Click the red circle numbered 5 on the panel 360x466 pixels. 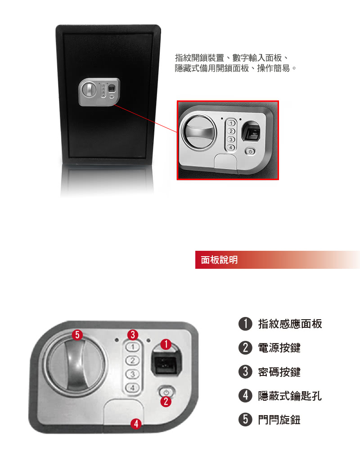click(x=77, y=335)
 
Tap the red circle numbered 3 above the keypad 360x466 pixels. click(x=133, y=335)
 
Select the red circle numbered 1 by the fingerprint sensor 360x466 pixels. click(x=166, y=344)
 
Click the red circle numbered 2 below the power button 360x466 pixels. click(x=166, y=402)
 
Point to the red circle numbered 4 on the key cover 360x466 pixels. click(x=136, y=424)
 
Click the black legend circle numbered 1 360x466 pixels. click(x=245, y=324)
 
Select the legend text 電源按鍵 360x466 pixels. click(x=279, y=348)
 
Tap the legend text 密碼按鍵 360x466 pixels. click(x=279, y=372)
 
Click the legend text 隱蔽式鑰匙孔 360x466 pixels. click(x=290, y=396)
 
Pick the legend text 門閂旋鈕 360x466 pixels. click(x=279, y=420)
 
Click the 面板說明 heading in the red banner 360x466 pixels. click(x=219, y=260)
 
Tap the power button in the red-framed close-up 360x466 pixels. click(x=250, y=152)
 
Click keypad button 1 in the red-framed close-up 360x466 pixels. click(x=231, y=123)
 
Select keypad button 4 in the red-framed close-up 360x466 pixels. click(x=231, y=147)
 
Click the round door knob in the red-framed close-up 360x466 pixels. click(x=198, y=131)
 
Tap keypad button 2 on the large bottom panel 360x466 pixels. click(x=132, y=361)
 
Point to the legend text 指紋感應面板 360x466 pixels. click(x=290, y=324)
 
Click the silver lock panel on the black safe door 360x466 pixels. click(x=99, y=92)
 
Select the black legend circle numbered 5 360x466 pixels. click(x=245, y=419)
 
